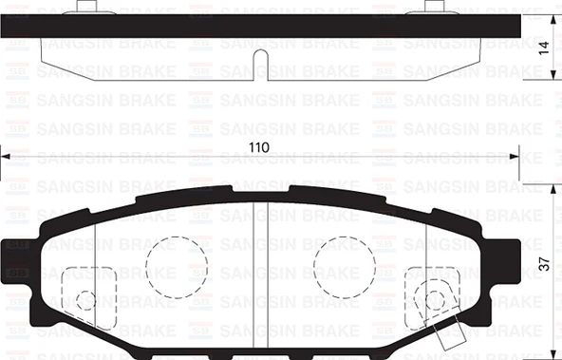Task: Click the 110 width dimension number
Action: click(x=259, y=148)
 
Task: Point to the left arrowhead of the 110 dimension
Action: click(x=6, y=157)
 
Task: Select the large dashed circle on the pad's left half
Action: click(x=176, y=262)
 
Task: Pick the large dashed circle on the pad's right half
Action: click(x=345, y=262)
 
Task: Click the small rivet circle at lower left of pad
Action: click(x=86, y=299)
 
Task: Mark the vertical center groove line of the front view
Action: click(x=266, y=275)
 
